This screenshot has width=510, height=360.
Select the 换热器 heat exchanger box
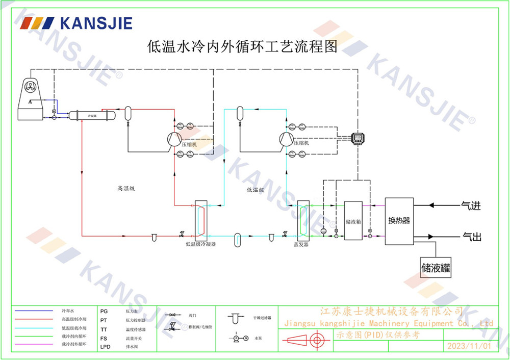tap(399, 221)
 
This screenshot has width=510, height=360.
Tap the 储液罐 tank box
tap(435, 268)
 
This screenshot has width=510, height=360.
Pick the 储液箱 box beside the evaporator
tap(353, 220)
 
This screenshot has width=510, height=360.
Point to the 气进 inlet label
tap(471, 205)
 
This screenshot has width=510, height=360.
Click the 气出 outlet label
tap(471, 237)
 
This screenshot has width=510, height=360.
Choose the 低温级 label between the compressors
tap(255, 190)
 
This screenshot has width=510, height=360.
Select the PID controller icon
tap(358, 138)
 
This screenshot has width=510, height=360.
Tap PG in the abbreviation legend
tap(104, 311)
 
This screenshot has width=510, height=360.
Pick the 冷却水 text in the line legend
tap(68, 311)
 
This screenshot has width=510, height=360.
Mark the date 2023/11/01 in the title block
tap(469, 346)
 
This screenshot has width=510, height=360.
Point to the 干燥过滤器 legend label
tap(262, 317)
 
